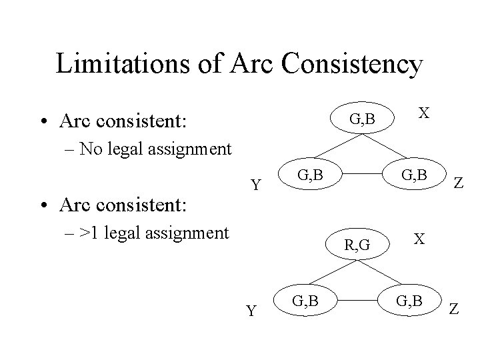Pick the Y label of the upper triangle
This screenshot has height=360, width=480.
point(255,185)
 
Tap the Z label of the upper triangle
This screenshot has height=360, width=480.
point(459,183)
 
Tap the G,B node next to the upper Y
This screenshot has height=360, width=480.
point(310,176)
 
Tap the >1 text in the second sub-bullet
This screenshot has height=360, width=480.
point(89,233)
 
